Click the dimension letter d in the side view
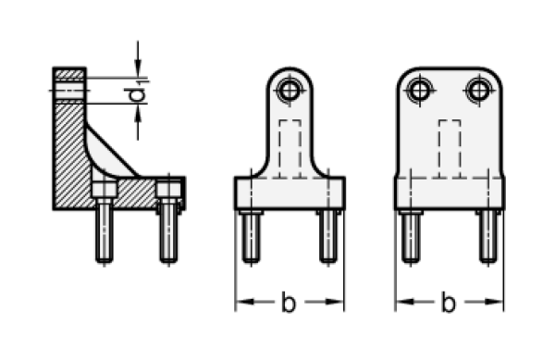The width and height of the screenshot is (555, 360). click(x=137, y=94)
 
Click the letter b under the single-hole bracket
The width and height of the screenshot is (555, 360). click(x=289, y=303)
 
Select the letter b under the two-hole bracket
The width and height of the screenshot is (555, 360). click(x=449, y=303)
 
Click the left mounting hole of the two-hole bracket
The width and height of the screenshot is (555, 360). click(x=421, y=90)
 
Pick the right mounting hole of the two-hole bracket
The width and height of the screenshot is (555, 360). click(x=477, y=90)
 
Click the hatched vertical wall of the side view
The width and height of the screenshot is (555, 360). click(x=69, y=139)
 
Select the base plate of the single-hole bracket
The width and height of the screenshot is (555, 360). click(x=290, y=192)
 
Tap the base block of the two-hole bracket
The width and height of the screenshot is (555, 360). click(x=450, y=192)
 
